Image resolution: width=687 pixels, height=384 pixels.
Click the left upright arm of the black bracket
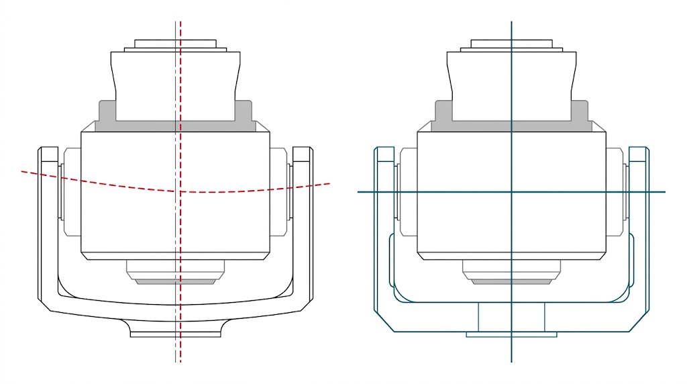pyautogui.click(x=48, y=222)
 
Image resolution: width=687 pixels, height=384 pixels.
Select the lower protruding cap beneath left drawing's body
pyautogui.click(x=175, y=271)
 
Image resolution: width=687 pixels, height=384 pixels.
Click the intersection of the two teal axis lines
pyautogui.click(x=511, y=192)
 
